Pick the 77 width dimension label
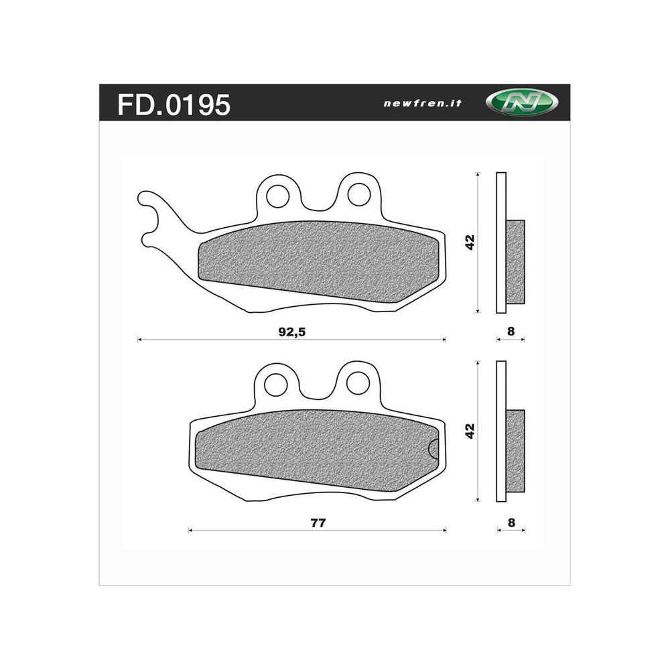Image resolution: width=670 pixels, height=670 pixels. pyautogui.click(x=318, y=523)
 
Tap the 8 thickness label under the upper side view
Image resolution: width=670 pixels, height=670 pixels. pyautogui.click(x=511, y=331)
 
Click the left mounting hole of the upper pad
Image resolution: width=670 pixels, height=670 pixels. pyautogui.click(x=277, y=195)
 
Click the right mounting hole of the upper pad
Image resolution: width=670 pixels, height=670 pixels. pyautogui.click(x=358, y=194)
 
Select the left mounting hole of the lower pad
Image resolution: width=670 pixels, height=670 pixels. pyautogui.click(x=275, y=384)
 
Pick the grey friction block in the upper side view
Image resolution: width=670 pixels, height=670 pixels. pyautogui.click(x=515, y=262)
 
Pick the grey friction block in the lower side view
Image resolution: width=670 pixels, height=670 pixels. pyautogui.click(x=515, y=451)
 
